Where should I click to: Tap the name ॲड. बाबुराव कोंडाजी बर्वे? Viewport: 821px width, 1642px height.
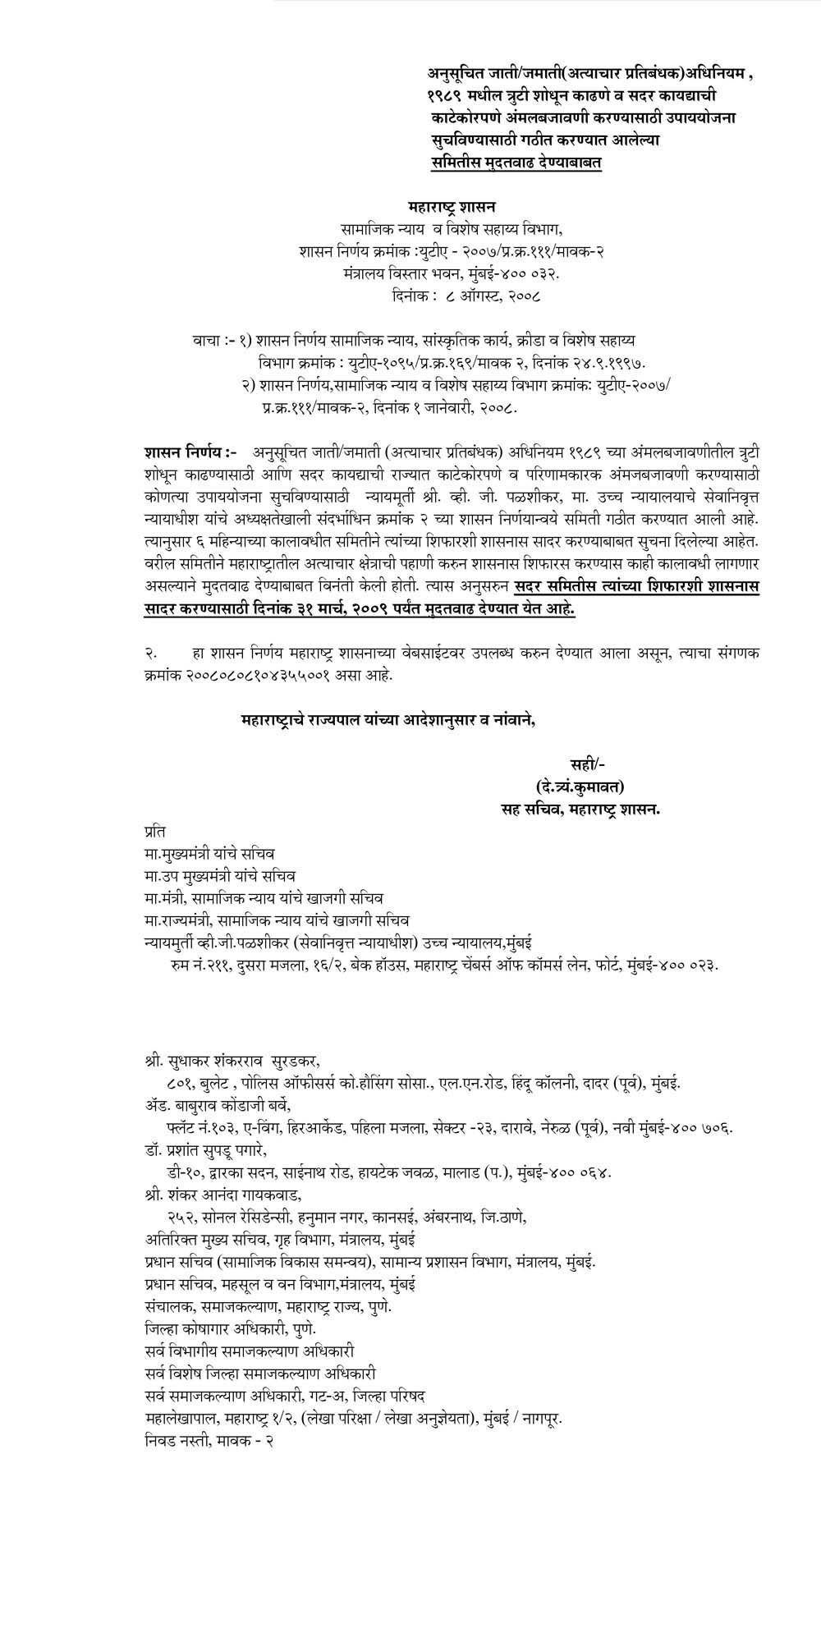[217, 1105]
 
